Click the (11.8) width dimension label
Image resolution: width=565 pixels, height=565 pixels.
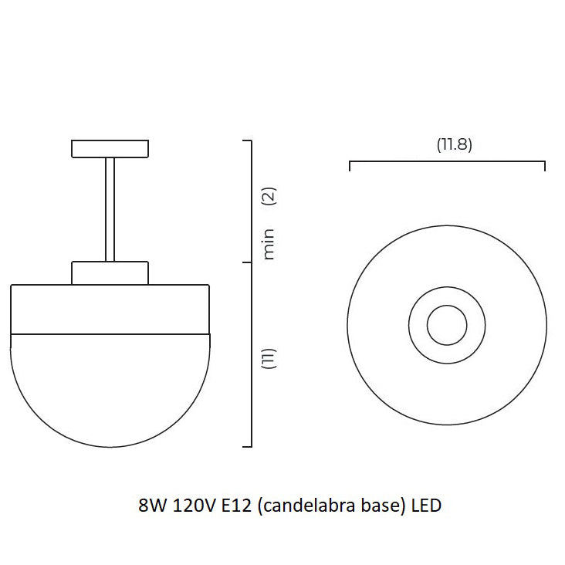click(453, 144)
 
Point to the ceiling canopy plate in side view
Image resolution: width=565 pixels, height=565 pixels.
click(110, 147)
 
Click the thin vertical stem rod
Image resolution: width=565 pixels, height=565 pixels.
click(110, 208)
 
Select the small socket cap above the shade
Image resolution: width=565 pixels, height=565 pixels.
click(110, 272)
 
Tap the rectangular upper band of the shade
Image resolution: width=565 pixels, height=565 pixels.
click(110, 309)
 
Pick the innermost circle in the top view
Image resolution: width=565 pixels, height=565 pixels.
click(448, 324)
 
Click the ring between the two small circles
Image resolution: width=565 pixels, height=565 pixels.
click(448, 299)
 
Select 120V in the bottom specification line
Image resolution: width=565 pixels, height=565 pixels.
click(193, 506)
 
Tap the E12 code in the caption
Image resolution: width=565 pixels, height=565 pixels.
click(236, 506)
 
